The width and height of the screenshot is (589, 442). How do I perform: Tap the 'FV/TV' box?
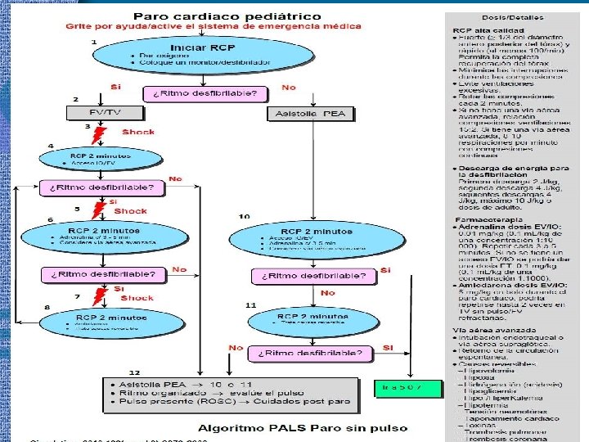(x=92, y=112)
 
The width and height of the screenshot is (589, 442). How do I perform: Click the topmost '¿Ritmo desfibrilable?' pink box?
(x=206, y=93)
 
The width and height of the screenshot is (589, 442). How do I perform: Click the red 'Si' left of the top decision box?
(x=116, y=88)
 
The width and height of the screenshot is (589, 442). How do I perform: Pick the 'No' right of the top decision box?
(x=289, y=88)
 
